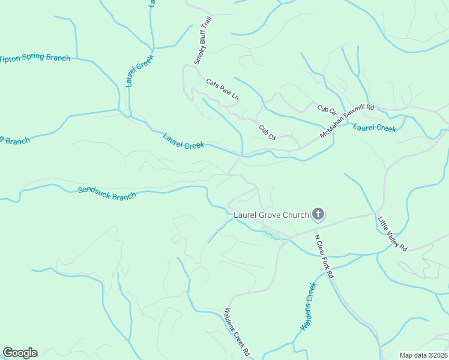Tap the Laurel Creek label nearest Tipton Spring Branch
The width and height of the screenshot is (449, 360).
(140, 71)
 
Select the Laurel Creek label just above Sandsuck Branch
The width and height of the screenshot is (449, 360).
(184, 141)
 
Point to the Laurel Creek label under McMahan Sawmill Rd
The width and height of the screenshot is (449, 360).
(374, 128)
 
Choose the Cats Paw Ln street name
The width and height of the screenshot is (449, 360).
(222, 89)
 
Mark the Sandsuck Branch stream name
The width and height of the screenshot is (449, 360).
(107, 192)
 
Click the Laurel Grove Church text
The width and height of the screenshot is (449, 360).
(271, 214)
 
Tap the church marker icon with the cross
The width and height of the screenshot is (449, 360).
(318, 214)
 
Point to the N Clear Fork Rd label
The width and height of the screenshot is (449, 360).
(324, 256)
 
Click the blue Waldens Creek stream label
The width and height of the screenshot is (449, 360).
(307, 308)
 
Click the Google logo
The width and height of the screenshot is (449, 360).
(20, 353)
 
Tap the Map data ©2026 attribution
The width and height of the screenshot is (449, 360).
(423, 355)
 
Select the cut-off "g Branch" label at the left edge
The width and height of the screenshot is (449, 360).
(15, 140)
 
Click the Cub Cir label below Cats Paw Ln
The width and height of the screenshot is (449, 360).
(267, 132)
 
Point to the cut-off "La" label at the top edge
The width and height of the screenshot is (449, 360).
(152, 3)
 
